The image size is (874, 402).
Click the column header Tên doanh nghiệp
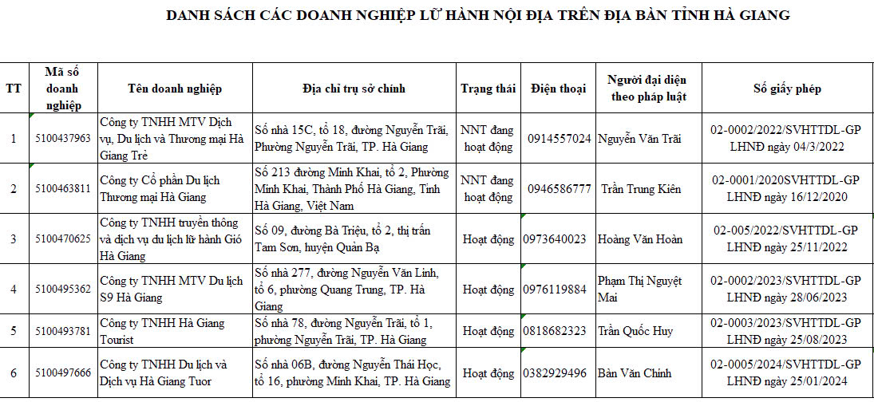coord(175,89)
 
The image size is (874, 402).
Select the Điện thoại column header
coord(558,89)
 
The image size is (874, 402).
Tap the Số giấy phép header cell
coord(786,89)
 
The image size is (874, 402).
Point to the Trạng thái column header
coord(488,89)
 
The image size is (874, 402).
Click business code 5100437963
coord(63,138)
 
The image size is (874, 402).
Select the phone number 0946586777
coord(560,189)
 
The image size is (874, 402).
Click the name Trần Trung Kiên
coord(641,189)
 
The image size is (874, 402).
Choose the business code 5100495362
coord(63,289)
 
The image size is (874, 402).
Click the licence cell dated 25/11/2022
coord(786,238)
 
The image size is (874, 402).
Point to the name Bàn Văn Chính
coord(635,372)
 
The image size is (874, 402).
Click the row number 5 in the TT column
coord(14,331)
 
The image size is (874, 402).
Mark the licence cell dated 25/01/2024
coord(786,372)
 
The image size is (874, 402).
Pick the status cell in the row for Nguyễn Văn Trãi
coord(488,138)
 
